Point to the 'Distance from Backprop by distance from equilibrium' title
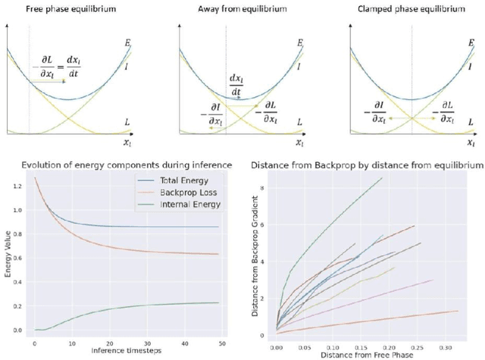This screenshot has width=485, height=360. tap(366, 165)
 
